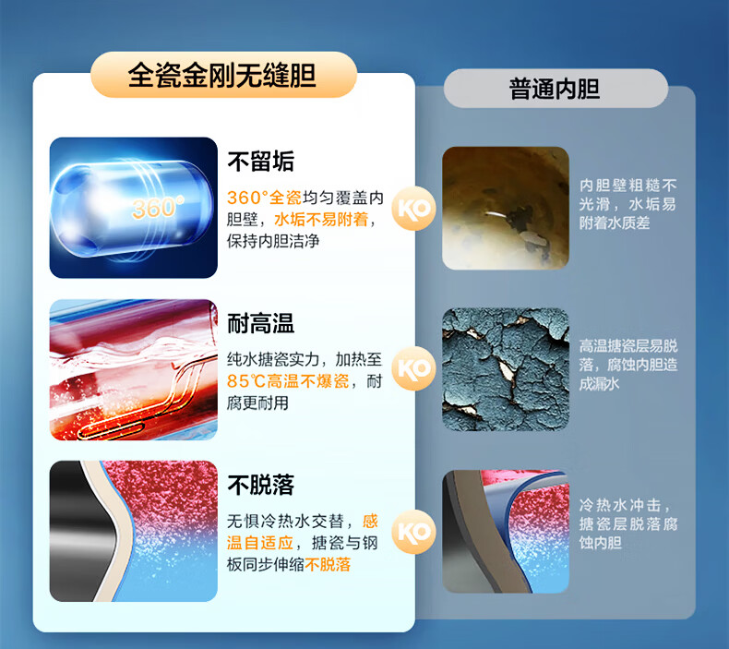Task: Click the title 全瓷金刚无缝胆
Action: click(222, 75)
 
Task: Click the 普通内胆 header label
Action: click(555, 89)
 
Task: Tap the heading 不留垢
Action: click(261, 161)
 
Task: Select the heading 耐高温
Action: click(261, 323)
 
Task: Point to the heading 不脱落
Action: click(261, 485)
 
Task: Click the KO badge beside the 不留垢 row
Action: click(413, 209)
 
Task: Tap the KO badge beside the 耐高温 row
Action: click(413, 368)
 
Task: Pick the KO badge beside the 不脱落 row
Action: click(413, 532)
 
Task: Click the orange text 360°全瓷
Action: click(264, 198)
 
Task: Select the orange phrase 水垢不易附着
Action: click(321, 219)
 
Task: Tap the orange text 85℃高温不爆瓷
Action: click(288, 381)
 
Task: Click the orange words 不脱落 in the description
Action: click(328, 564)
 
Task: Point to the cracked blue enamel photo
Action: click(506, 369)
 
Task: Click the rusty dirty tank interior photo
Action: click(506, 208)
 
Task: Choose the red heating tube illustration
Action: click(134, 369)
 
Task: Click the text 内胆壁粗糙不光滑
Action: click(627, 195)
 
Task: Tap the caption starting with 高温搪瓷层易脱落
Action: click(628, 365)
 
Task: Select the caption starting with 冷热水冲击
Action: click(628, 523)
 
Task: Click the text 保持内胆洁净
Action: click(273, 241)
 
